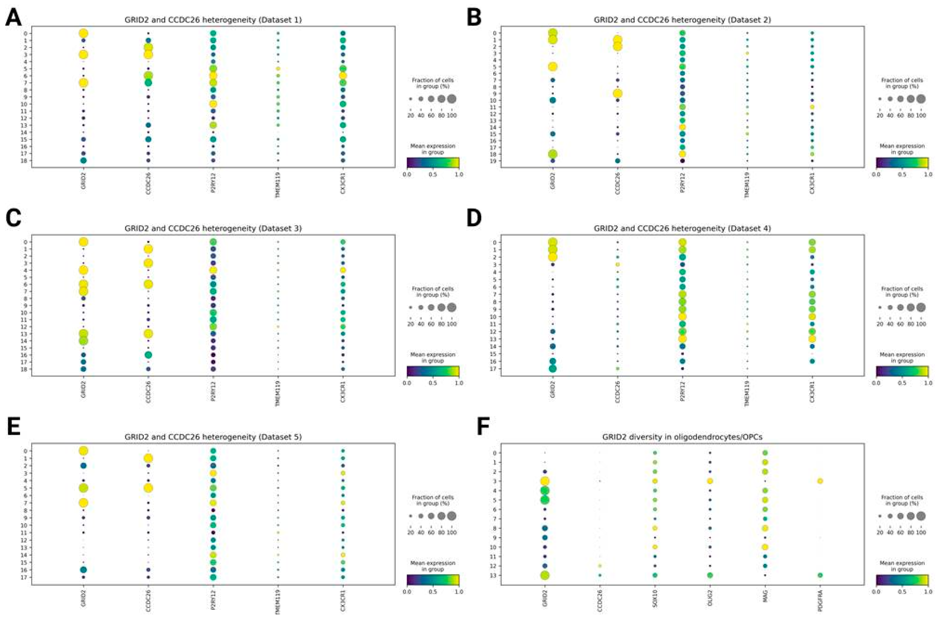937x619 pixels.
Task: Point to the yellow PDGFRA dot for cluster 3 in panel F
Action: (820, 481)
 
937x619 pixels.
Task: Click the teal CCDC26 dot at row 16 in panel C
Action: (148, 355)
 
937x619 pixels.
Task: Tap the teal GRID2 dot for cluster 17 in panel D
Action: (553, 368)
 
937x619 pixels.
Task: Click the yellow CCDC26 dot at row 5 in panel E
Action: (148, 488)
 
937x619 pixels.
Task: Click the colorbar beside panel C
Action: (433, 371)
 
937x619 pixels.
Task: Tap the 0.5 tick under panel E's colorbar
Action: (433, 592)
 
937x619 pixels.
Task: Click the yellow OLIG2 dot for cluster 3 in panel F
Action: (710, 481)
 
